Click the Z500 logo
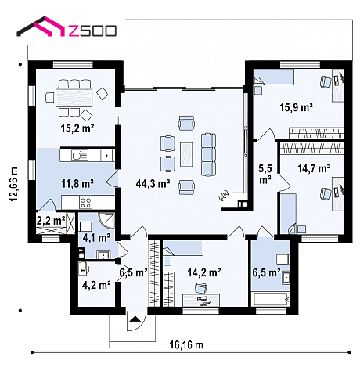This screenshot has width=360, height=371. pos(67,27)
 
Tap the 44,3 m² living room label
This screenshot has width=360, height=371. pos(153,184)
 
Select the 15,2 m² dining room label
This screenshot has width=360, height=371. pos(77,128)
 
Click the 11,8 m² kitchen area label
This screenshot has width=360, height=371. pos(77,184)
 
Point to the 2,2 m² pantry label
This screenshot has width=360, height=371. pos(51,221)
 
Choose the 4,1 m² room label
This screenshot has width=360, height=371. pos(96,238)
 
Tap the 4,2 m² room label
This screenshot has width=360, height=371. pos(96,285)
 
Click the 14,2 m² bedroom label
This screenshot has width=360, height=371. pos(204,272)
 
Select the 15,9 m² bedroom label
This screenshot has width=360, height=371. pos(297,107)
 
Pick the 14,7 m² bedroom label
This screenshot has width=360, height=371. pos(314,168)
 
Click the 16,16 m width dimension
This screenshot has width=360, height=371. pos(186,344)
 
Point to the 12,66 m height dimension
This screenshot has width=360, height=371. pos(14,184)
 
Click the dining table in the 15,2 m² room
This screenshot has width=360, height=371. pos(74,98)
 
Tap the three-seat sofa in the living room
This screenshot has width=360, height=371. pos(208,154)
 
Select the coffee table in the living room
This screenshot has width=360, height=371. pos(186,154)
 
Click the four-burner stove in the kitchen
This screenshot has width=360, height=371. pos(86,203)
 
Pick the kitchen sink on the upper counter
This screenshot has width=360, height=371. pos(80,156)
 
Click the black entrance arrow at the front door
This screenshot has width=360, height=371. pos(135,319)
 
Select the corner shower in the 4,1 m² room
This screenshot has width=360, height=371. pos(106,221)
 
